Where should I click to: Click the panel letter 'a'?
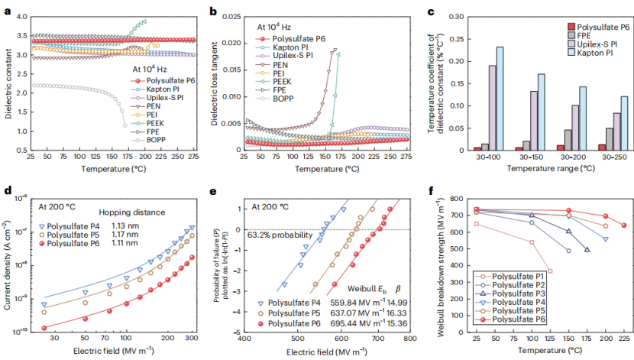tap(7, 10)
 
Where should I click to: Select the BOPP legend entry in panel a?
tap(150, 141)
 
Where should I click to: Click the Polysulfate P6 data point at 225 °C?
tap(623, 225)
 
